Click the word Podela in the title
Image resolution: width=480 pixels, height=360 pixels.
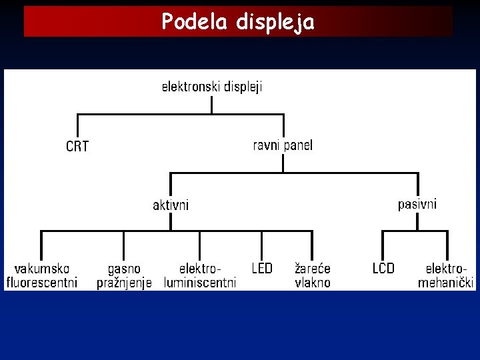click(x=193, y=22)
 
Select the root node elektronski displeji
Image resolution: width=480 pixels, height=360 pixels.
click(x=212, y=87)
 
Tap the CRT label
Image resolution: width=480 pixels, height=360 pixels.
click(x=77, y=146)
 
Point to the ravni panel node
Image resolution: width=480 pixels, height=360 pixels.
click(x=283, y=145)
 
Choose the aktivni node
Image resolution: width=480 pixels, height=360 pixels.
click(x=171, y=205)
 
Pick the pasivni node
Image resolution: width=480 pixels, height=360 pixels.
click(x=417, y=204)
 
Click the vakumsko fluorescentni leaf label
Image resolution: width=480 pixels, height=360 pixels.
click(x=41, y=275)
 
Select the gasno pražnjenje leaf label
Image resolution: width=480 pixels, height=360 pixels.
click(x=124, y=275)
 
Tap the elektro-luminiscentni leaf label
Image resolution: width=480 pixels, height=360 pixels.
click(x=200, y=275)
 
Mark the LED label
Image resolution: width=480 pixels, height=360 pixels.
click(x=262, y=269)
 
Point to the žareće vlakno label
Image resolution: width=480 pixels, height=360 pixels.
click(x=313, y=275)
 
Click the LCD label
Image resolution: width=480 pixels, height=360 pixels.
click(x=383, y=269)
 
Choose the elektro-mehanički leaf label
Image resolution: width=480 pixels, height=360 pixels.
click(x=446, y=275)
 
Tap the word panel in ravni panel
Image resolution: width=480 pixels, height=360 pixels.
click(x=297, y=145)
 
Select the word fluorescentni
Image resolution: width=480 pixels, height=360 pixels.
click(x=41, y=283)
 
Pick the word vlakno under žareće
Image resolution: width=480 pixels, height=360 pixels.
click(x=313, y=283)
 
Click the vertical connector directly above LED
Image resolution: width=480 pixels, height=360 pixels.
click(x=262, y=245)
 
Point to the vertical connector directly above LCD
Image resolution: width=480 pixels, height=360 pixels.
click(x=382, y=245)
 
